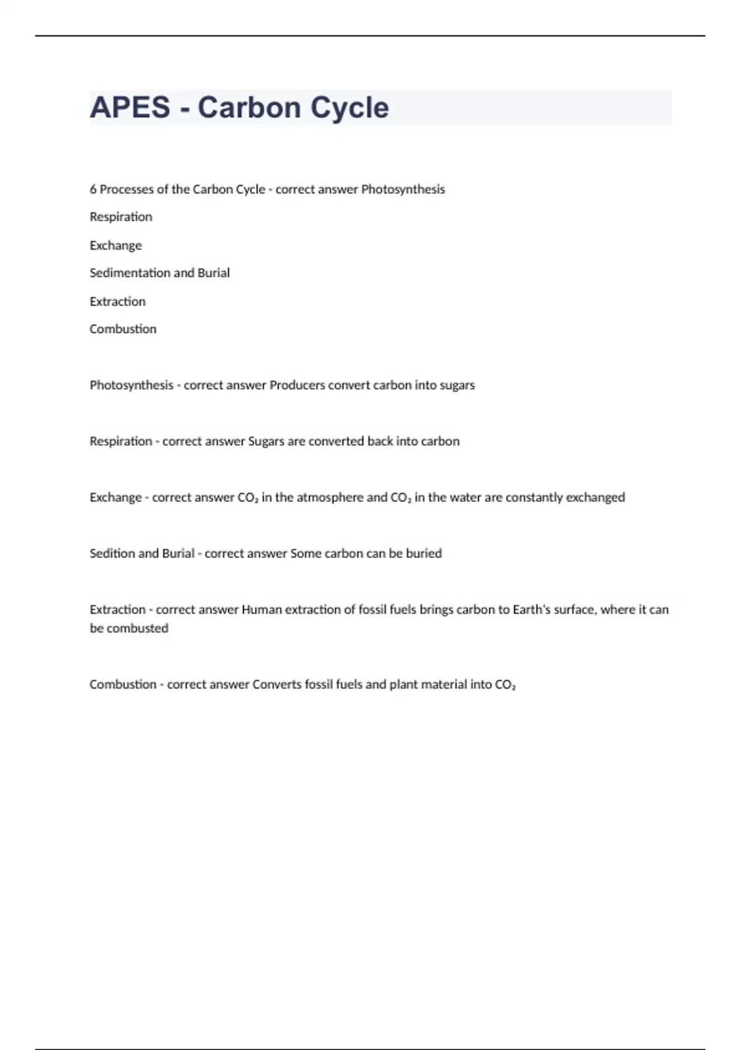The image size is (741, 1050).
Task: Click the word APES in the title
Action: pos(130,107)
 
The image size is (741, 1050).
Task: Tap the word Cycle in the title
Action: pos(350,107)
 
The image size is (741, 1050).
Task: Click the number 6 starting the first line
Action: pos(93,189)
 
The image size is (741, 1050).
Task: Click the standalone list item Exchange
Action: pos(115,245)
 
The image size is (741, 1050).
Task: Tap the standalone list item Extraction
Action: pos(117,301)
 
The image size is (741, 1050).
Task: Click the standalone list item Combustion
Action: pos(123,329)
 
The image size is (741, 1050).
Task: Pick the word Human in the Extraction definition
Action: pos(257,610)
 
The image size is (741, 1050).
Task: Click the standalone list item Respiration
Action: pos(120,217)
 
